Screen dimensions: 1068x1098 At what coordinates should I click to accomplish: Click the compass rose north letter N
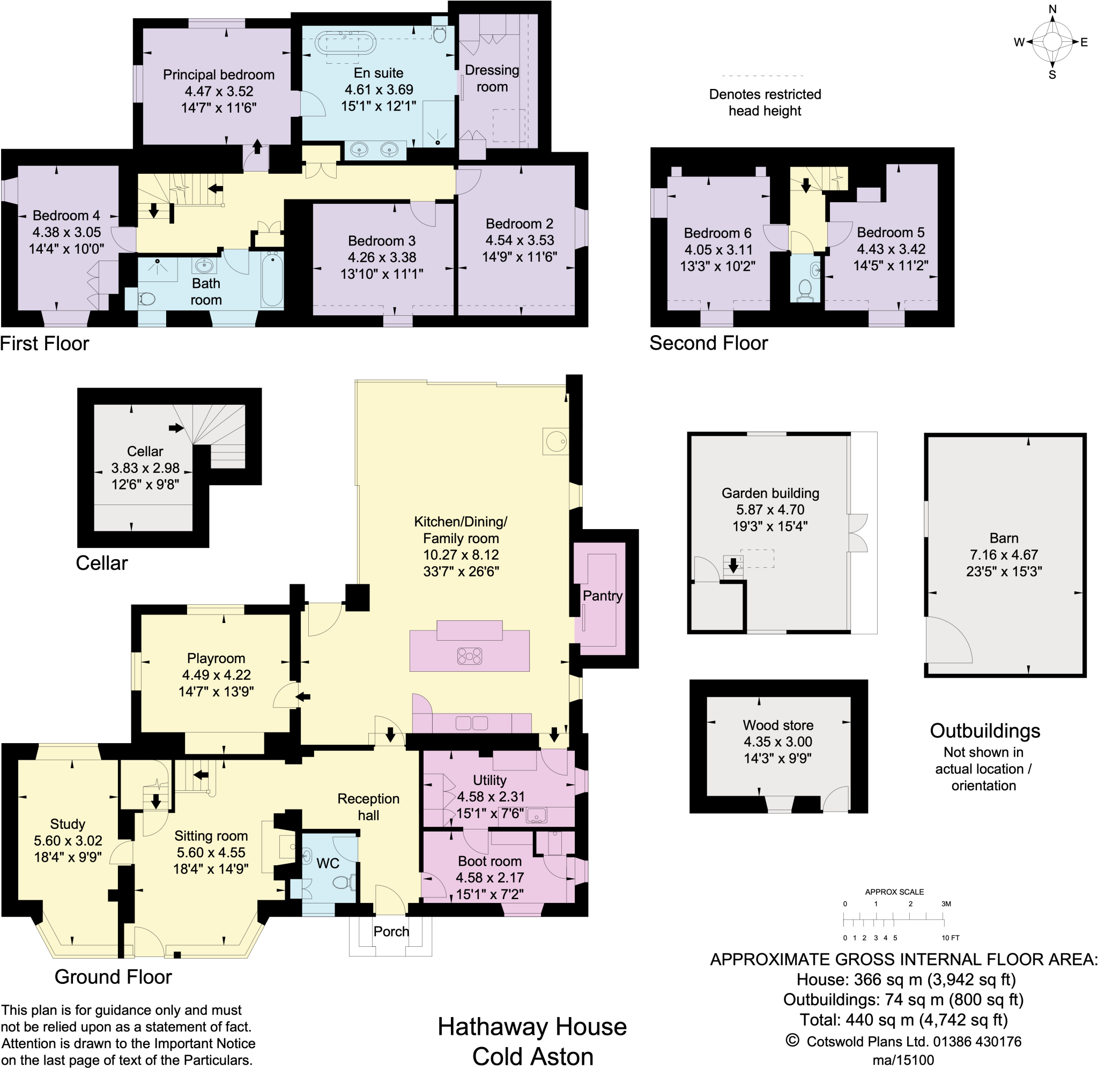coord(1052,9)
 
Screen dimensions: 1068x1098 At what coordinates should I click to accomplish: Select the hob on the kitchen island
coord(469,656)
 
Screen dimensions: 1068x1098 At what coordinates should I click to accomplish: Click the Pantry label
coord(602,596)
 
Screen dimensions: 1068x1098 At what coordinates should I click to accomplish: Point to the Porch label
coord(391,931)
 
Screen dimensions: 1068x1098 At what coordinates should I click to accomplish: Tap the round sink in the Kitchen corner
coord(556,441)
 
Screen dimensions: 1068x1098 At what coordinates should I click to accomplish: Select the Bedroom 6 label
coord(717,233)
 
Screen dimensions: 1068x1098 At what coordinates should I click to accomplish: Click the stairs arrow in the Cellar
coord(176,428)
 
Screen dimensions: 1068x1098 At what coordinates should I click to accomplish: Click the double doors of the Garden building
coord(858,532)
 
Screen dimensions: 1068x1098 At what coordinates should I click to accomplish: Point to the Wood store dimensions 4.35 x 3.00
coord(778,741)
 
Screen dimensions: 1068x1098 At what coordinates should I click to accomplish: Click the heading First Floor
coord(45,343)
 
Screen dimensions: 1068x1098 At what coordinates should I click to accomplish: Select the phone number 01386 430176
coord(977,1042)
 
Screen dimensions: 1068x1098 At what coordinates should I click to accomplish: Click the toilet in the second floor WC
coord(805,288)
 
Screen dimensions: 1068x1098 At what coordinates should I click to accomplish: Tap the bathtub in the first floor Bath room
coord(272,279)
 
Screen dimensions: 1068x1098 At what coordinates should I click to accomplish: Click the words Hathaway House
coord(532,1027)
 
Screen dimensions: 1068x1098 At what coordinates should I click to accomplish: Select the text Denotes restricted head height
coord(765,102)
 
